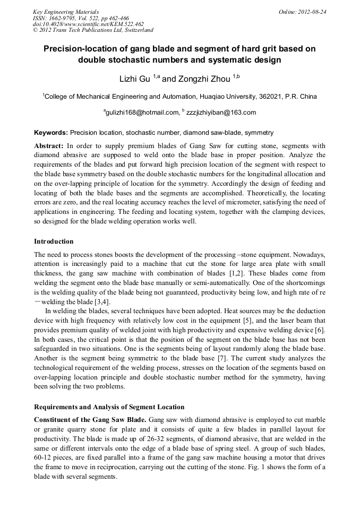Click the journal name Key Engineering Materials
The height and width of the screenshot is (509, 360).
(x=66, y=12)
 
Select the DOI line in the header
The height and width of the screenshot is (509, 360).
(x=88, y=24)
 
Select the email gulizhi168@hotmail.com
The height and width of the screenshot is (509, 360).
(x=143, y=113)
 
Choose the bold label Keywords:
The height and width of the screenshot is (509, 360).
(x=51, y=132)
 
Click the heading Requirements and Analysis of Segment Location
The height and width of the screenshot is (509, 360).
(x=109, y=407)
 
